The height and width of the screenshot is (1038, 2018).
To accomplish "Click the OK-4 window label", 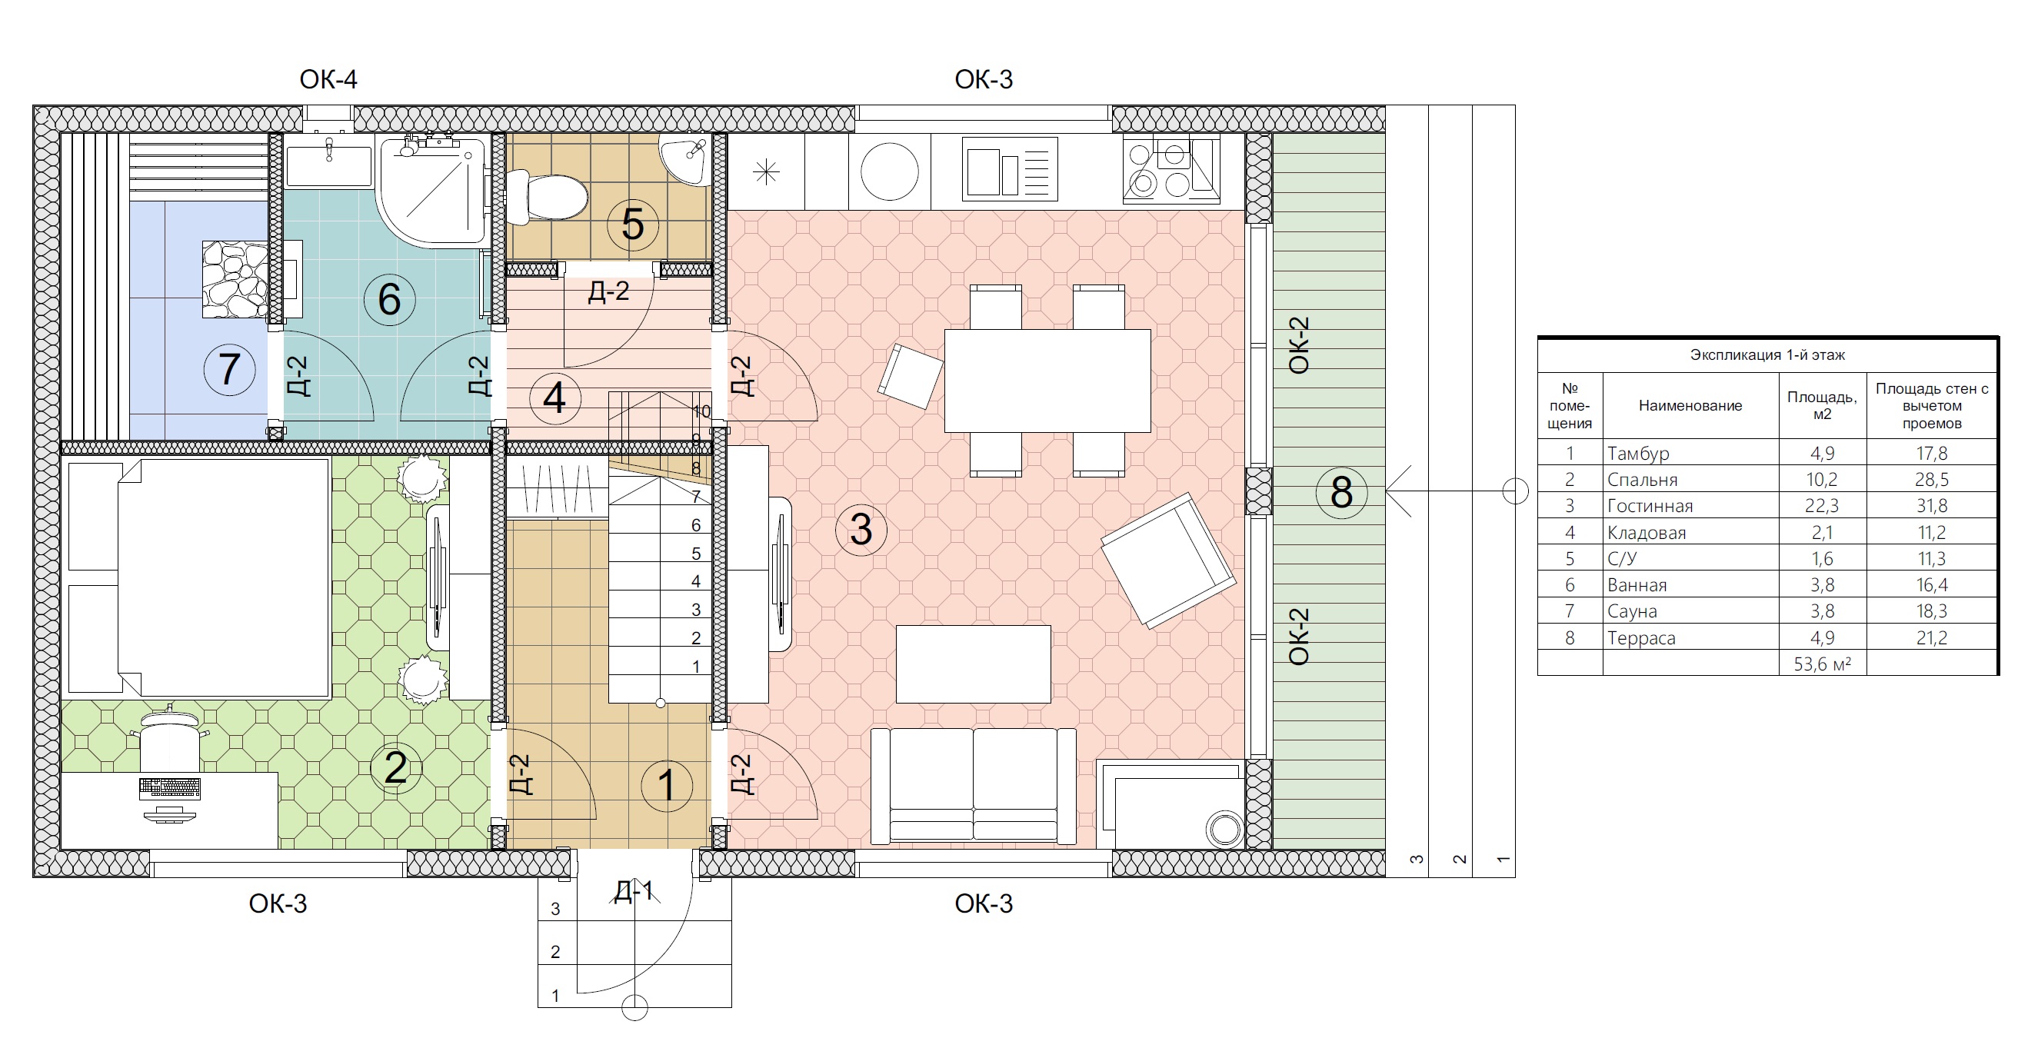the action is pyautogui.click(x=328, y=79).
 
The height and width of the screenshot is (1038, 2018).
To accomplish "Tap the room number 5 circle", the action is pyautogui.click(x=632, y=225).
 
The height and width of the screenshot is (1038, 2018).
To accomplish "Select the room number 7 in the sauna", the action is pyautogui.click(x=228, y=369).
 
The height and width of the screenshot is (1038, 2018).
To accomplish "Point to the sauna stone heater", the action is pyautogui.click(x=236, y=279).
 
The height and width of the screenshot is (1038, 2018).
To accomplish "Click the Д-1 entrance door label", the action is pyautogui.click(x=633, y=891).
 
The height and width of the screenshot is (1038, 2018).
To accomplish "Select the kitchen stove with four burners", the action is pyautogui.click(x=1171, y=168).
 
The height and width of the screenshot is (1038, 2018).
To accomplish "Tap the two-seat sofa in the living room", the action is pyautogui.click(x=973, y=786).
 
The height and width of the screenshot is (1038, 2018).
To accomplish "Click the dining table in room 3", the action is pyautogui.click(x=1047, y=381).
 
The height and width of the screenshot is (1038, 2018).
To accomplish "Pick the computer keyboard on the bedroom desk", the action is pyautogui.click(x=169, y=787).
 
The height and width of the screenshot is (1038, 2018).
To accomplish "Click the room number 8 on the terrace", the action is pyautogui.click(x=1341, y=492).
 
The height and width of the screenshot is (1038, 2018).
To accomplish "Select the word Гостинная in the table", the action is pyautogui.click(x=1650, y=506).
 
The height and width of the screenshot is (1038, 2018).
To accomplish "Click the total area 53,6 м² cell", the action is pyautogui.click(x=1822, y=664).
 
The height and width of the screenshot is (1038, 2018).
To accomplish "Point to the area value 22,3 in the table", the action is pyautogui.click(x=1822, y=506).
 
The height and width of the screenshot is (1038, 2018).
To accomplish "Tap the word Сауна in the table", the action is pyautogui.click(x=1632, y=611).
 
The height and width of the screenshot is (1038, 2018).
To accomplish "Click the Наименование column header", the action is pyautogui.click(x=1690, y=406).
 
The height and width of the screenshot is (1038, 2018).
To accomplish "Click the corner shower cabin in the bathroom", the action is pyautogui.click(x=432, y=191).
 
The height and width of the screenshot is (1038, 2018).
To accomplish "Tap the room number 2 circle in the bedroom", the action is pyautogui.click(x=395, y=767).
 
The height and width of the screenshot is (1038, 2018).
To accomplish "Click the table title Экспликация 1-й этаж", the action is pyautogui.click(x=1767, y=355).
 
